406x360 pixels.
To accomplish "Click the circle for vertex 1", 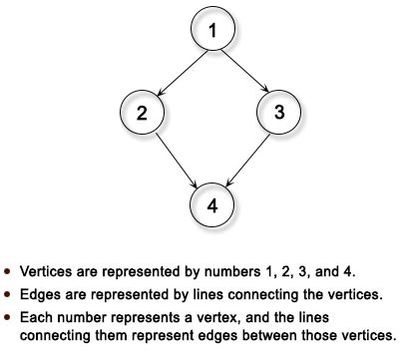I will pyautogui.click(x=212, y=32).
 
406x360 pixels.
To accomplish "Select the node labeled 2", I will pyautogui.click(x=143, y=113).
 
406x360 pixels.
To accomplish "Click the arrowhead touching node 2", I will pyautogui.click(x=161, y=93).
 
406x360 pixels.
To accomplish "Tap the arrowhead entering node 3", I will pyautogui.click(x=264, y=93).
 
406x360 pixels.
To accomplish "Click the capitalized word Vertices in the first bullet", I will pyautogui.click(x=43, y=270).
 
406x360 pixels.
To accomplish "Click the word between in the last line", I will pyautogui.click(x=283, y=334).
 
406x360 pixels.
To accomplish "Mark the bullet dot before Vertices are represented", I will pyautogui.click(x=9, y=270).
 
